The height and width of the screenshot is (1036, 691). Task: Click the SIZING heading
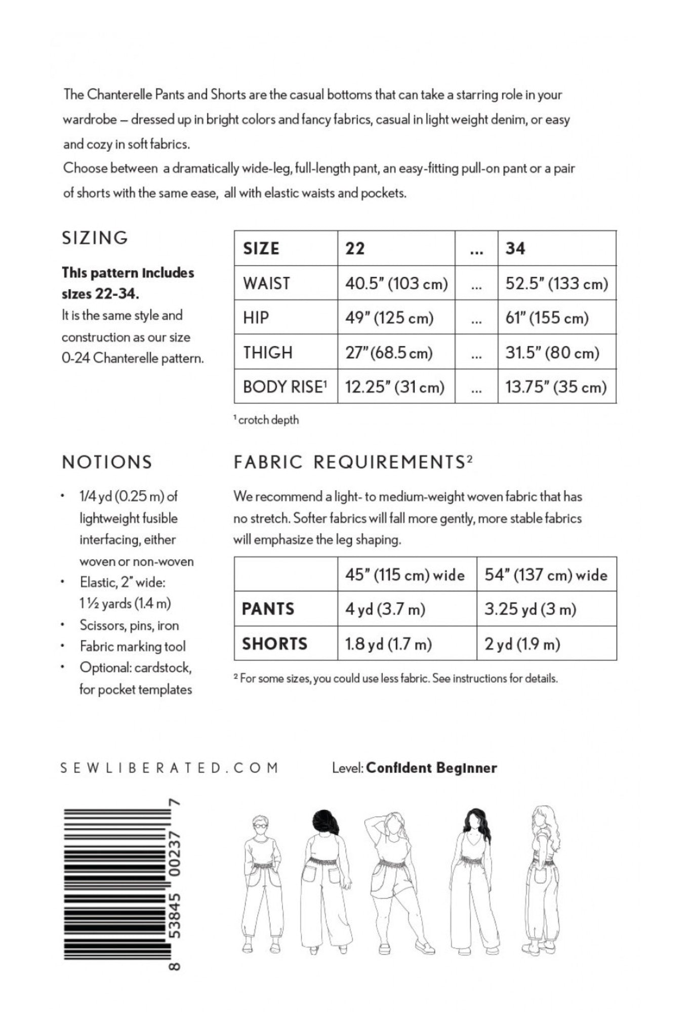tap(95, 238)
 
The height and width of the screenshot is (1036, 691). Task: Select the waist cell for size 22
tap(396, 283)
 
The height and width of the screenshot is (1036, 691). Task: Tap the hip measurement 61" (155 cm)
tap(547, 318)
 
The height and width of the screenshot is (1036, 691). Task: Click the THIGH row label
tap(268, 352)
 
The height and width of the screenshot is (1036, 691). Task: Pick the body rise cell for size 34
tap(555, 387)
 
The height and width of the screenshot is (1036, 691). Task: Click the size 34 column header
tap(515, 248)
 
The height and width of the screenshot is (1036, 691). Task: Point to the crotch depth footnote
tap(266, 420)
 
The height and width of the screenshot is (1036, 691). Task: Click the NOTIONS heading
tap(107, 462)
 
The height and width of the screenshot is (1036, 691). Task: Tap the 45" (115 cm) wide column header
tap(404, 575)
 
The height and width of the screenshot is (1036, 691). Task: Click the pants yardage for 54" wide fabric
tap(530, 609)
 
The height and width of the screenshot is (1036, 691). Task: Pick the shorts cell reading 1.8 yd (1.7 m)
tap(388, 644)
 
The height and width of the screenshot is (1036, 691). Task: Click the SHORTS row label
tap(274, 644)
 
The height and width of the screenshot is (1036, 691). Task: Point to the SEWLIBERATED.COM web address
tap(169, 768)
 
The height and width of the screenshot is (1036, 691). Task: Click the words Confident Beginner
tap(431, 768)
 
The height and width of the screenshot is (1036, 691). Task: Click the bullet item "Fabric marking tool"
tap(133, 646)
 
